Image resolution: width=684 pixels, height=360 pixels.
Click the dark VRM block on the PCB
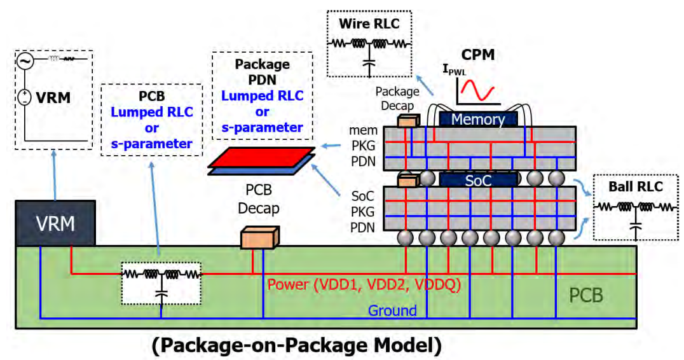pos(55,223)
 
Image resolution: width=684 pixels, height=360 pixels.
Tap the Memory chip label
pos(478,119)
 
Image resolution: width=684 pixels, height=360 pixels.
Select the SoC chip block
pos(479,180)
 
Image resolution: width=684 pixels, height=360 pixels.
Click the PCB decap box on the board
pos(260,237)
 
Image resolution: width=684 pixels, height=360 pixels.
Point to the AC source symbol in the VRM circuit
pos(25,61)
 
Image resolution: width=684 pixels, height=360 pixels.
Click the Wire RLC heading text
pos(369,24)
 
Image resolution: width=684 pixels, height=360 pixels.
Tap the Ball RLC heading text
pos(636,186)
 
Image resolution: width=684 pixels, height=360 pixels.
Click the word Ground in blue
pos(392,310)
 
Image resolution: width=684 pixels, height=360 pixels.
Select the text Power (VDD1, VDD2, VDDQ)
pos(364,284)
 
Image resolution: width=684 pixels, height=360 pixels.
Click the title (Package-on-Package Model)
pos(297,345)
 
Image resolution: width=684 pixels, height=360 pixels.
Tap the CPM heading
pos(477,55)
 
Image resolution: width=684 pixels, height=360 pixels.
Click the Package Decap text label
pos(397,99)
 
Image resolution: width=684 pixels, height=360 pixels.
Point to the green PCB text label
pos(586,295)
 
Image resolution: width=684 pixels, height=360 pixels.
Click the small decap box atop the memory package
pos(408,120)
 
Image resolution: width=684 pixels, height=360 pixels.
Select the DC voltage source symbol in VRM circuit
pos(24,97)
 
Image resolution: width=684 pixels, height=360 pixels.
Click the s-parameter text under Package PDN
pos(262,127)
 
